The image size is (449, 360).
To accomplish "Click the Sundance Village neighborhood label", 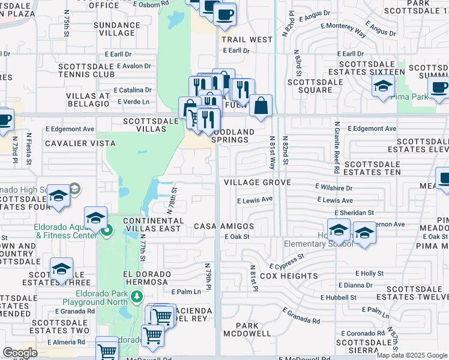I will [117, 29].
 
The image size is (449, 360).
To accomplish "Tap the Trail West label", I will [246, 40].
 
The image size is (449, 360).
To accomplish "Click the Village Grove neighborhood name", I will [257, 182].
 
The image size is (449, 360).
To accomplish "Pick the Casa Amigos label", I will [223, 226].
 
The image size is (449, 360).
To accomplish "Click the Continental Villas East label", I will [152, 225].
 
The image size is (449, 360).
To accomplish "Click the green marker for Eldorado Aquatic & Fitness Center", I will [107, 230].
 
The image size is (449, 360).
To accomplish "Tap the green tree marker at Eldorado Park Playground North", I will [137, 296].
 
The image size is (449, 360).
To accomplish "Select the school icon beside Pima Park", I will [382, 87].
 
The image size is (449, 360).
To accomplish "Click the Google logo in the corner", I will [20, 353].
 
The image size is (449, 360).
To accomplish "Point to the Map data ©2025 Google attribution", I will [412, 355].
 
